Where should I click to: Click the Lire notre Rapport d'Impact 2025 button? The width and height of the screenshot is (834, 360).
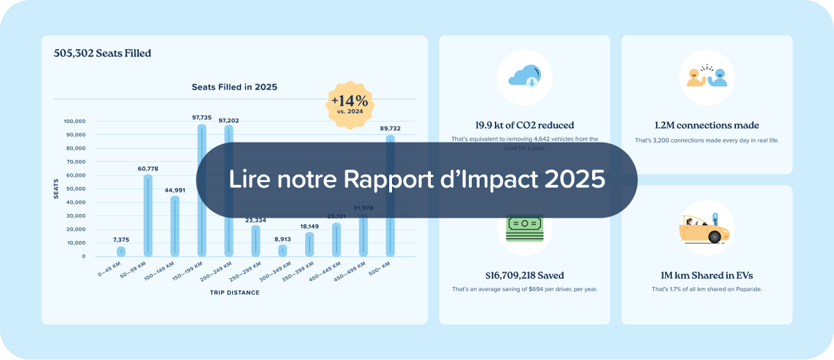(417, 180)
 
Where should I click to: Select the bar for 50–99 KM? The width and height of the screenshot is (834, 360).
(147, 215)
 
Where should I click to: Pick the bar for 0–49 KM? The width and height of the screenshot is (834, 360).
(121, 252)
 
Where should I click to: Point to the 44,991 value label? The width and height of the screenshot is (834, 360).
(174, 190)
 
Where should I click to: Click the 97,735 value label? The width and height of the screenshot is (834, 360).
(202, 118)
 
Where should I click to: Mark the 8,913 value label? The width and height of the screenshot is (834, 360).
(282, 238)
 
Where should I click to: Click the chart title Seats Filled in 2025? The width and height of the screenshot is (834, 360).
(234, 88)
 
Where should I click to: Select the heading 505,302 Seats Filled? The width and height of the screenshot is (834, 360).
(102, 53)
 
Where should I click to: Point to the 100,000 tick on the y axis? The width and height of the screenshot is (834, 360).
(74, 121)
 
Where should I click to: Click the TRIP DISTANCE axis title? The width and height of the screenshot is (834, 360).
(234, 293)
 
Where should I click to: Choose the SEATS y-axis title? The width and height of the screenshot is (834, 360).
(56, 188)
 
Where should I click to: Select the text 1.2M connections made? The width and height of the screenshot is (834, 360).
(707, 126)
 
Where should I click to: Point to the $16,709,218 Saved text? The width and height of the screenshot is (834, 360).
(525, 276)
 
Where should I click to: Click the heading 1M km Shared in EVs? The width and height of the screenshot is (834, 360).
(707, 276)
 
